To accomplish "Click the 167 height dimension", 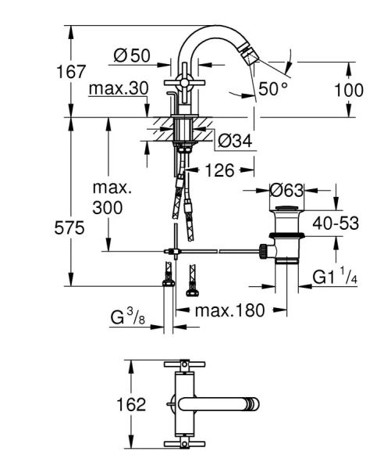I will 71,71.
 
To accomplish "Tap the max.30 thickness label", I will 117,88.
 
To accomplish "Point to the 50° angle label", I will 273,88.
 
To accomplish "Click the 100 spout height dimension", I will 348,89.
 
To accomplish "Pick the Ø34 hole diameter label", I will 233,141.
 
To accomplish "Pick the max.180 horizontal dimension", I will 229,310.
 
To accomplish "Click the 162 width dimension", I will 108,404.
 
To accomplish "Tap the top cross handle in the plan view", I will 183,364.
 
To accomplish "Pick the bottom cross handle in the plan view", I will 183,446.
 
